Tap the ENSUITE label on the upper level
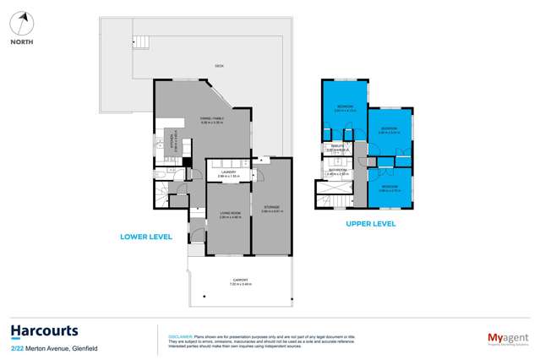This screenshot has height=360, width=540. click(x=336, y=146)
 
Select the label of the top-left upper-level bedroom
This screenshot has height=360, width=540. click(x=345, y=107)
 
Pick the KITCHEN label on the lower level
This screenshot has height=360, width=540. click(x=167, y=142)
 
